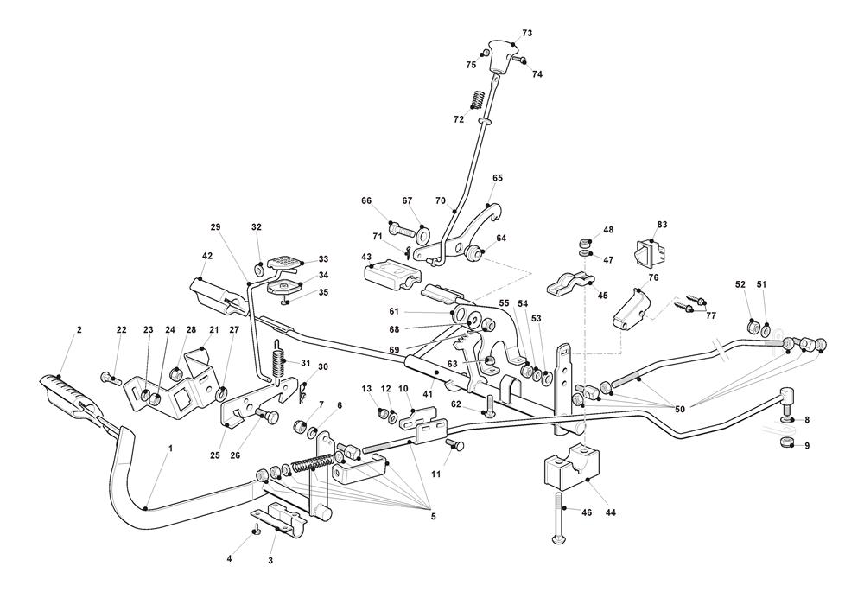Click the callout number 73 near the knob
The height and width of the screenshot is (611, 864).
click(x=527, y=33)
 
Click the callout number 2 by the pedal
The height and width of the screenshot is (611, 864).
click(x=79, y=329)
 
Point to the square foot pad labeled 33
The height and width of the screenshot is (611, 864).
click(x=284, y=260)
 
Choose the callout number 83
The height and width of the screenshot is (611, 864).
click(x=663, y=225)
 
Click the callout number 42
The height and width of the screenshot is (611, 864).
click(x=207, y=256)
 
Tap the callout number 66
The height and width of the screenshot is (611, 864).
click(x=366, y=200)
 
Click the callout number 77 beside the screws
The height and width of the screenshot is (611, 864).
click(x=711, y=317)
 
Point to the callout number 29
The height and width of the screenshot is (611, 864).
click(x=216, y=226)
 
